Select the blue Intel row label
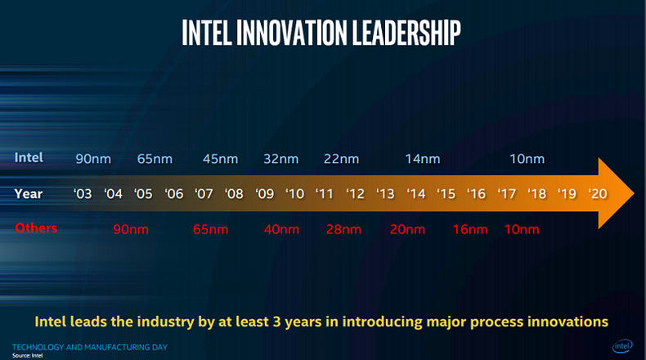(x=29, y=157)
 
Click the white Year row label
(x=29, y=193)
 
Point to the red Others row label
(x=36, y=227)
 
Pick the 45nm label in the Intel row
(x=221, y=158)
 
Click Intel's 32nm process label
(x=280, y=158)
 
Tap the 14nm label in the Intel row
(x=423, y=158)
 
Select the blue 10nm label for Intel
(x=527, y=158)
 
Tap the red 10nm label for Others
(x=522, y=228)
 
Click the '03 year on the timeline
(x=83, y=194)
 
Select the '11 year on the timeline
(x=325, y=194)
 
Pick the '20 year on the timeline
(x=596, y=194)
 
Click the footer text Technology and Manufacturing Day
(x=90, y=347)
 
